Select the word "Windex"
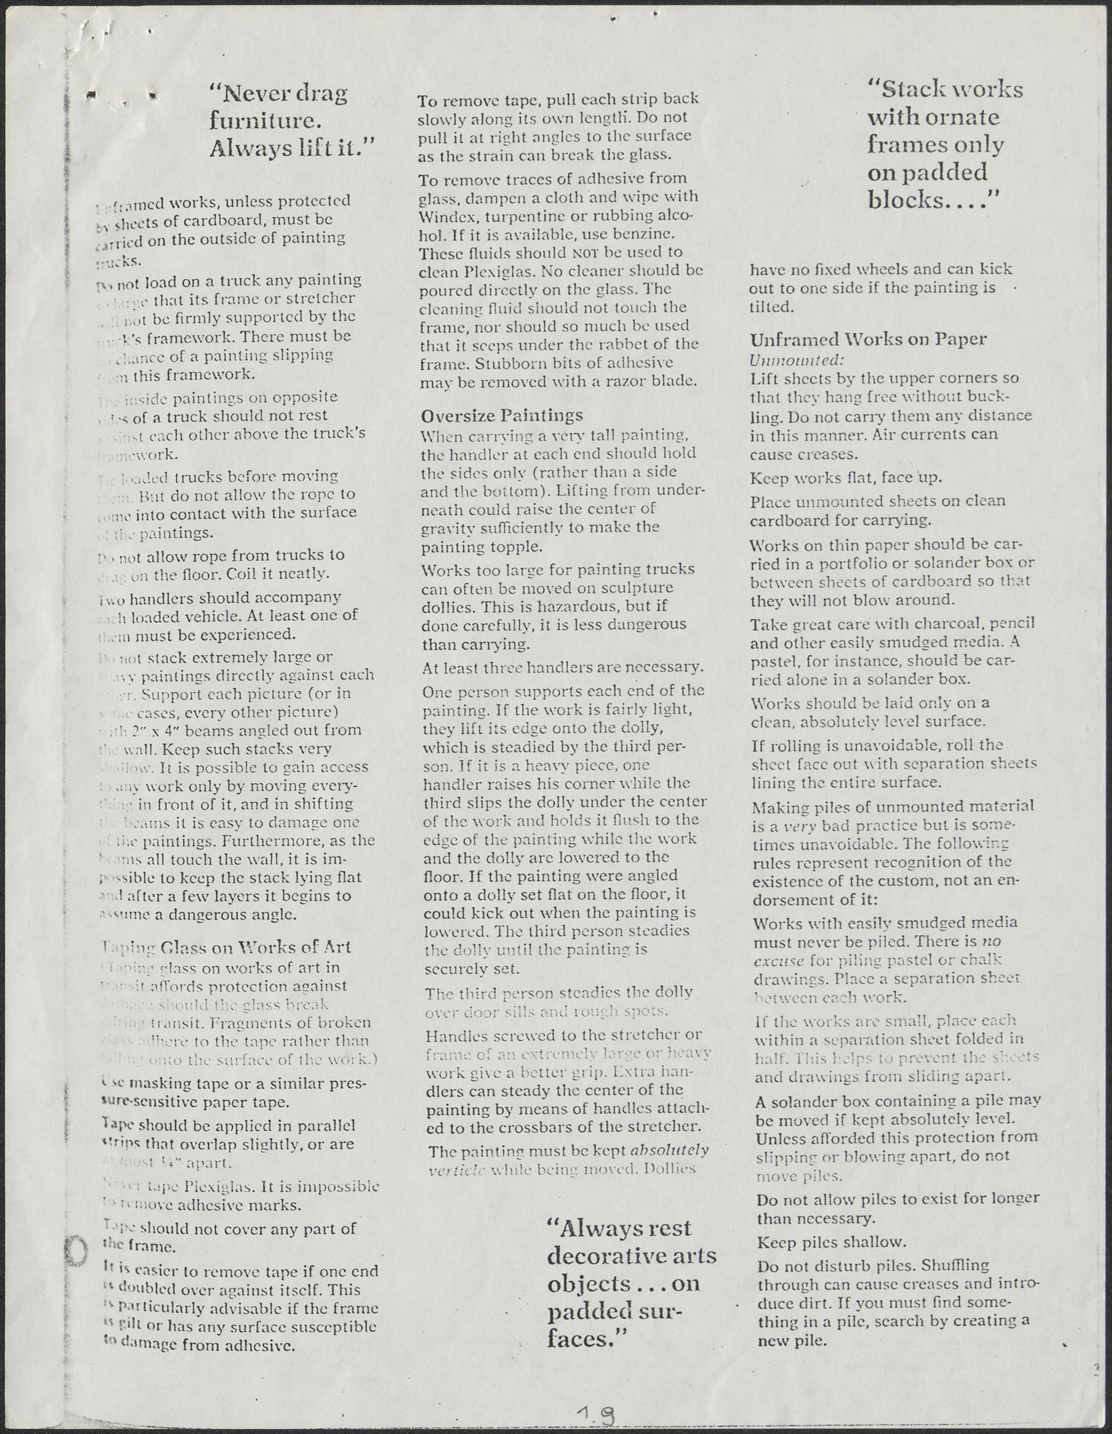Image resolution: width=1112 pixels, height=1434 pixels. point(446,215)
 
